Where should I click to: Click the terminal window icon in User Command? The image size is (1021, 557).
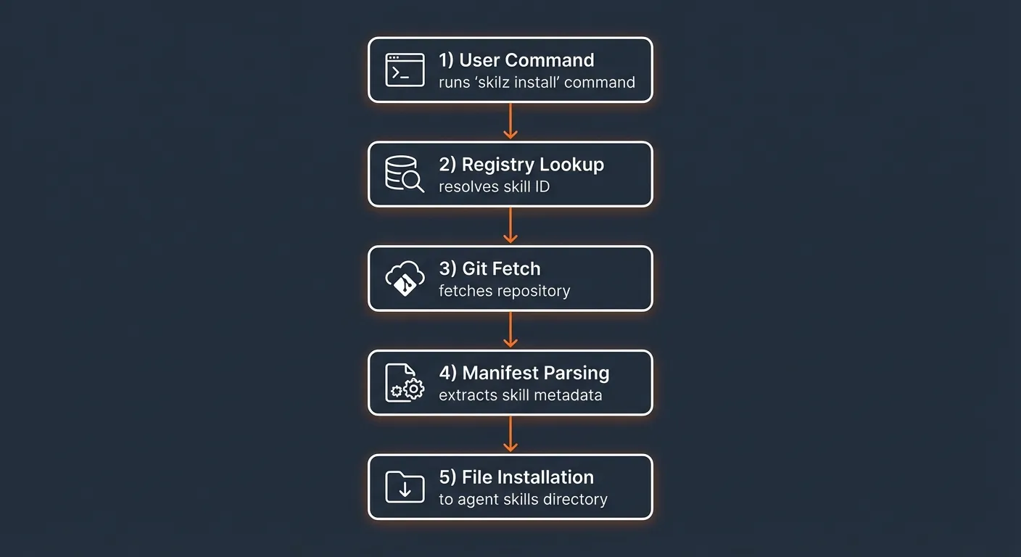pos(405,70)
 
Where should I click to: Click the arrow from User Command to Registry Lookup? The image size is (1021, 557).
pos(510,121)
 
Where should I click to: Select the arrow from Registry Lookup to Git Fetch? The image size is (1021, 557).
pos(510,226)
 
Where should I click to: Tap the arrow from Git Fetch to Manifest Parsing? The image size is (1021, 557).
pos(510,330)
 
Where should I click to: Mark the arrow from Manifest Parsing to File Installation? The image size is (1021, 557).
pos(510,434)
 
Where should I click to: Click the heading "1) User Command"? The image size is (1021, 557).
pos(516,60)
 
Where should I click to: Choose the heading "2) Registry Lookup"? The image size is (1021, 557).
pos(521,165)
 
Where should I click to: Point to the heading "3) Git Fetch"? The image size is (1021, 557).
pos(490,268)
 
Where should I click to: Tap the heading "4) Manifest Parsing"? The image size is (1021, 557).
pos(524,373)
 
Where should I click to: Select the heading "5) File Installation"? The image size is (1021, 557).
pos(516,477)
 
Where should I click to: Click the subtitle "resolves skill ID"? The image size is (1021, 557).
pos(495,186)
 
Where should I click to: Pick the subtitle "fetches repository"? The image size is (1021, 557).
pos(505,291)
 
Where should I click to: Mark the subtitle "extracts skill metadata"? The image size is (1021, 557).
pos(521,395)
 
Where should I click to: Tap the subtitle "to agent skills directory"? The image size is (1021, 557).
pos(523,500)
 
